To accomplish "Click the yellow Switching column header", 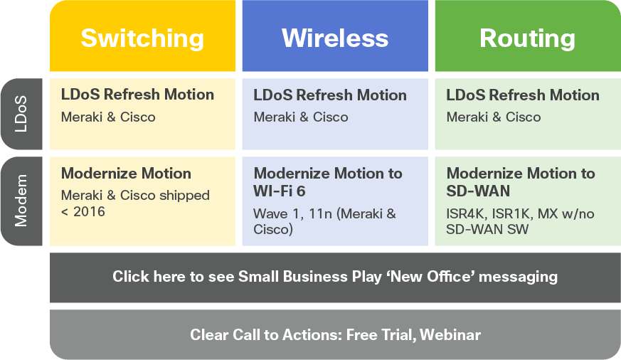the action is pyautogui.click(x=142, y=36).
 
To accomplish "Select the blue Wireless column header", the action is pyautogui.click(x=335, y=36).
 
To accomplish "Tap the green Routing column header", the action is pyautogui.click(x=528, y=36).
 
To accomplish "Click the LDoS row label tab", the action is pyautogui.click(x=21, y=114).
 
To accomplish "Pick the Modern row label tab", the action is pyautogui.click(x=21, y=201).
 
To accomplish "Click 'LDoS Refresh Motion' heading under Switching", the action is pyautogui.click(x=137, y=95).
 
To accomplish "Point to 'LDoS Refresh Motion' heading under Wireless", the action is pyautogui.click(x=330, y=95).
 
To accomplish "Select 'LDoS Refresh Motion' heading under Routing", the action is pyautogui.click(x=523, y=95).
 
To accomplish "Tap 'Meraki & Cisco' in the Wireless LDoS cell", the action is pyautogui.click(x=301, y=117).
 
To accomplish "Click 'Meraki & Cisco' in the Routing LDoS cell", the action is pyautogui.click(x=494, y=117).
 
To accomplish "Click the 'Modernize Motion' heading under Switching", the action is pyautogui.click(x=126, y=174).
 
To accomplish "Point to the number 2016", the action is pyautogui.click(x=89, y=211).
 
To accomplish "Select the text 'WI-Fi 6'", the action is pyautogui.click(x=280, y=191).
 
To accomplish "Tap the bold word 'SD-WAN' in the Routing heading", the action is pyautogui.click(x=478, y=191).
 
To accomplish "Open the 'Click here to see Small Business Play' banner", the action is pyautogui.click(x=335, y=277).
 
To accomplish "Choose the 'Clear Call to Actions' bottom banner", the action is pyautogui.click(x=335, y=334).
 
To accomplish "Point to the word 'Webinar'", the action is pyautogui.click(x=450, y=335).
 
